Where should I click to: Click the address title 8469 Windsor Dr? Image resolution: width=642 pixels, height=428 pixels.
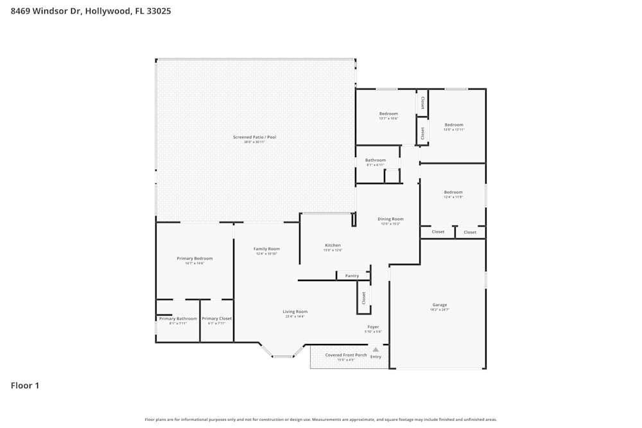(x=91, y=11)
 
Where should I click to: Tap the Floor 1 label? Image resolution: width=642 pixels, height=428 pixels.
(x=25, y=386)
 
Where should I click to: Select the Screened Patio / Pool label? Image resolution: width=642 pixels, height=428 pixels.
(x=254, y=137)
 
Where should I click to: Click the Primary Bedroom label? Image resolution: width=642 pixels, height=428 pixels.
(x=195, y=259)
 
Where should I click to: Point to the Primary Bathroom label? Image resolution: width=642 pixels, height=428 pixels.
(x=178, y=319)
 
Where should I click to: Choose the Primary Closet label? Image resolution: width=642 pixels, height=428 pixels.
(x=216, y=319)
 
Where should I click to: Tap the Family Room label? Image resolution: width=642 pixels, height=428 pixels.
(x=266, y=249)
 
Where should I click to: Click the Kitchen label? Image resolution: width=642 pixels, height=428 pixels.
(x=333, y=245)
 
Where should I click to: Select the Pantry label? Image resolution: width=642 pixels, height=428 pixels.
(x=352, y=276)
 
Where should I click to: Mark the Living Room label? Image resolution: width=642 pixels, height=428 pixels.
(x=295, y=312)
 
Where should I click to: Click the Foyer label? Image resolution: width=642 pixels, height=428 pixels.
(x=373, y=327)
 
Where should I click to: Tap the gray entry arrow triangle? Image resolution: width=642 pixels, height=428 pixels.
(x=376, y=350)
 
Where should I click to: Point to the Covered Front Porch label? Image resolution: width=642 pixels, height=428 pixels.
(x=346, y=355)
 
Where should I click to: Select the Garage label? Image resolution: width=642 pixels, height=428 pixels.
(x=439, y=305)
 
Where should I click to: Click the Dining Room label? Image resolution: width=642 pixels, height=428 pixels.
(x=390, y=219)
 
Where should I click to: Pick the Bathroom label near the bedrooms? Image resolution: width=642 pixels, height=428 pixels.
(x=376, y=160)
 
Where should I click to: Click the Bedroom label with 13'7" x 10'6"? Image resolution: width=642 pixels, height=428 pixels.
(x=388, y=114)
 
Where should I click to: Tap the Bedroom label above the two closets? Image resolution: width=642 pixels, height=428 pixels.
(x=453, y=192)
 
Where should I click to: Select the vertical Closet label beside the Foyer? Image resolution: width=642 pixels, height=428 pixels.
(x=363, y=298)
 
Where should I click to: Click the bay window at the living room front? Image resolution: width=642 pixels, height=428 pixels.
(x=282, y=355)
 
